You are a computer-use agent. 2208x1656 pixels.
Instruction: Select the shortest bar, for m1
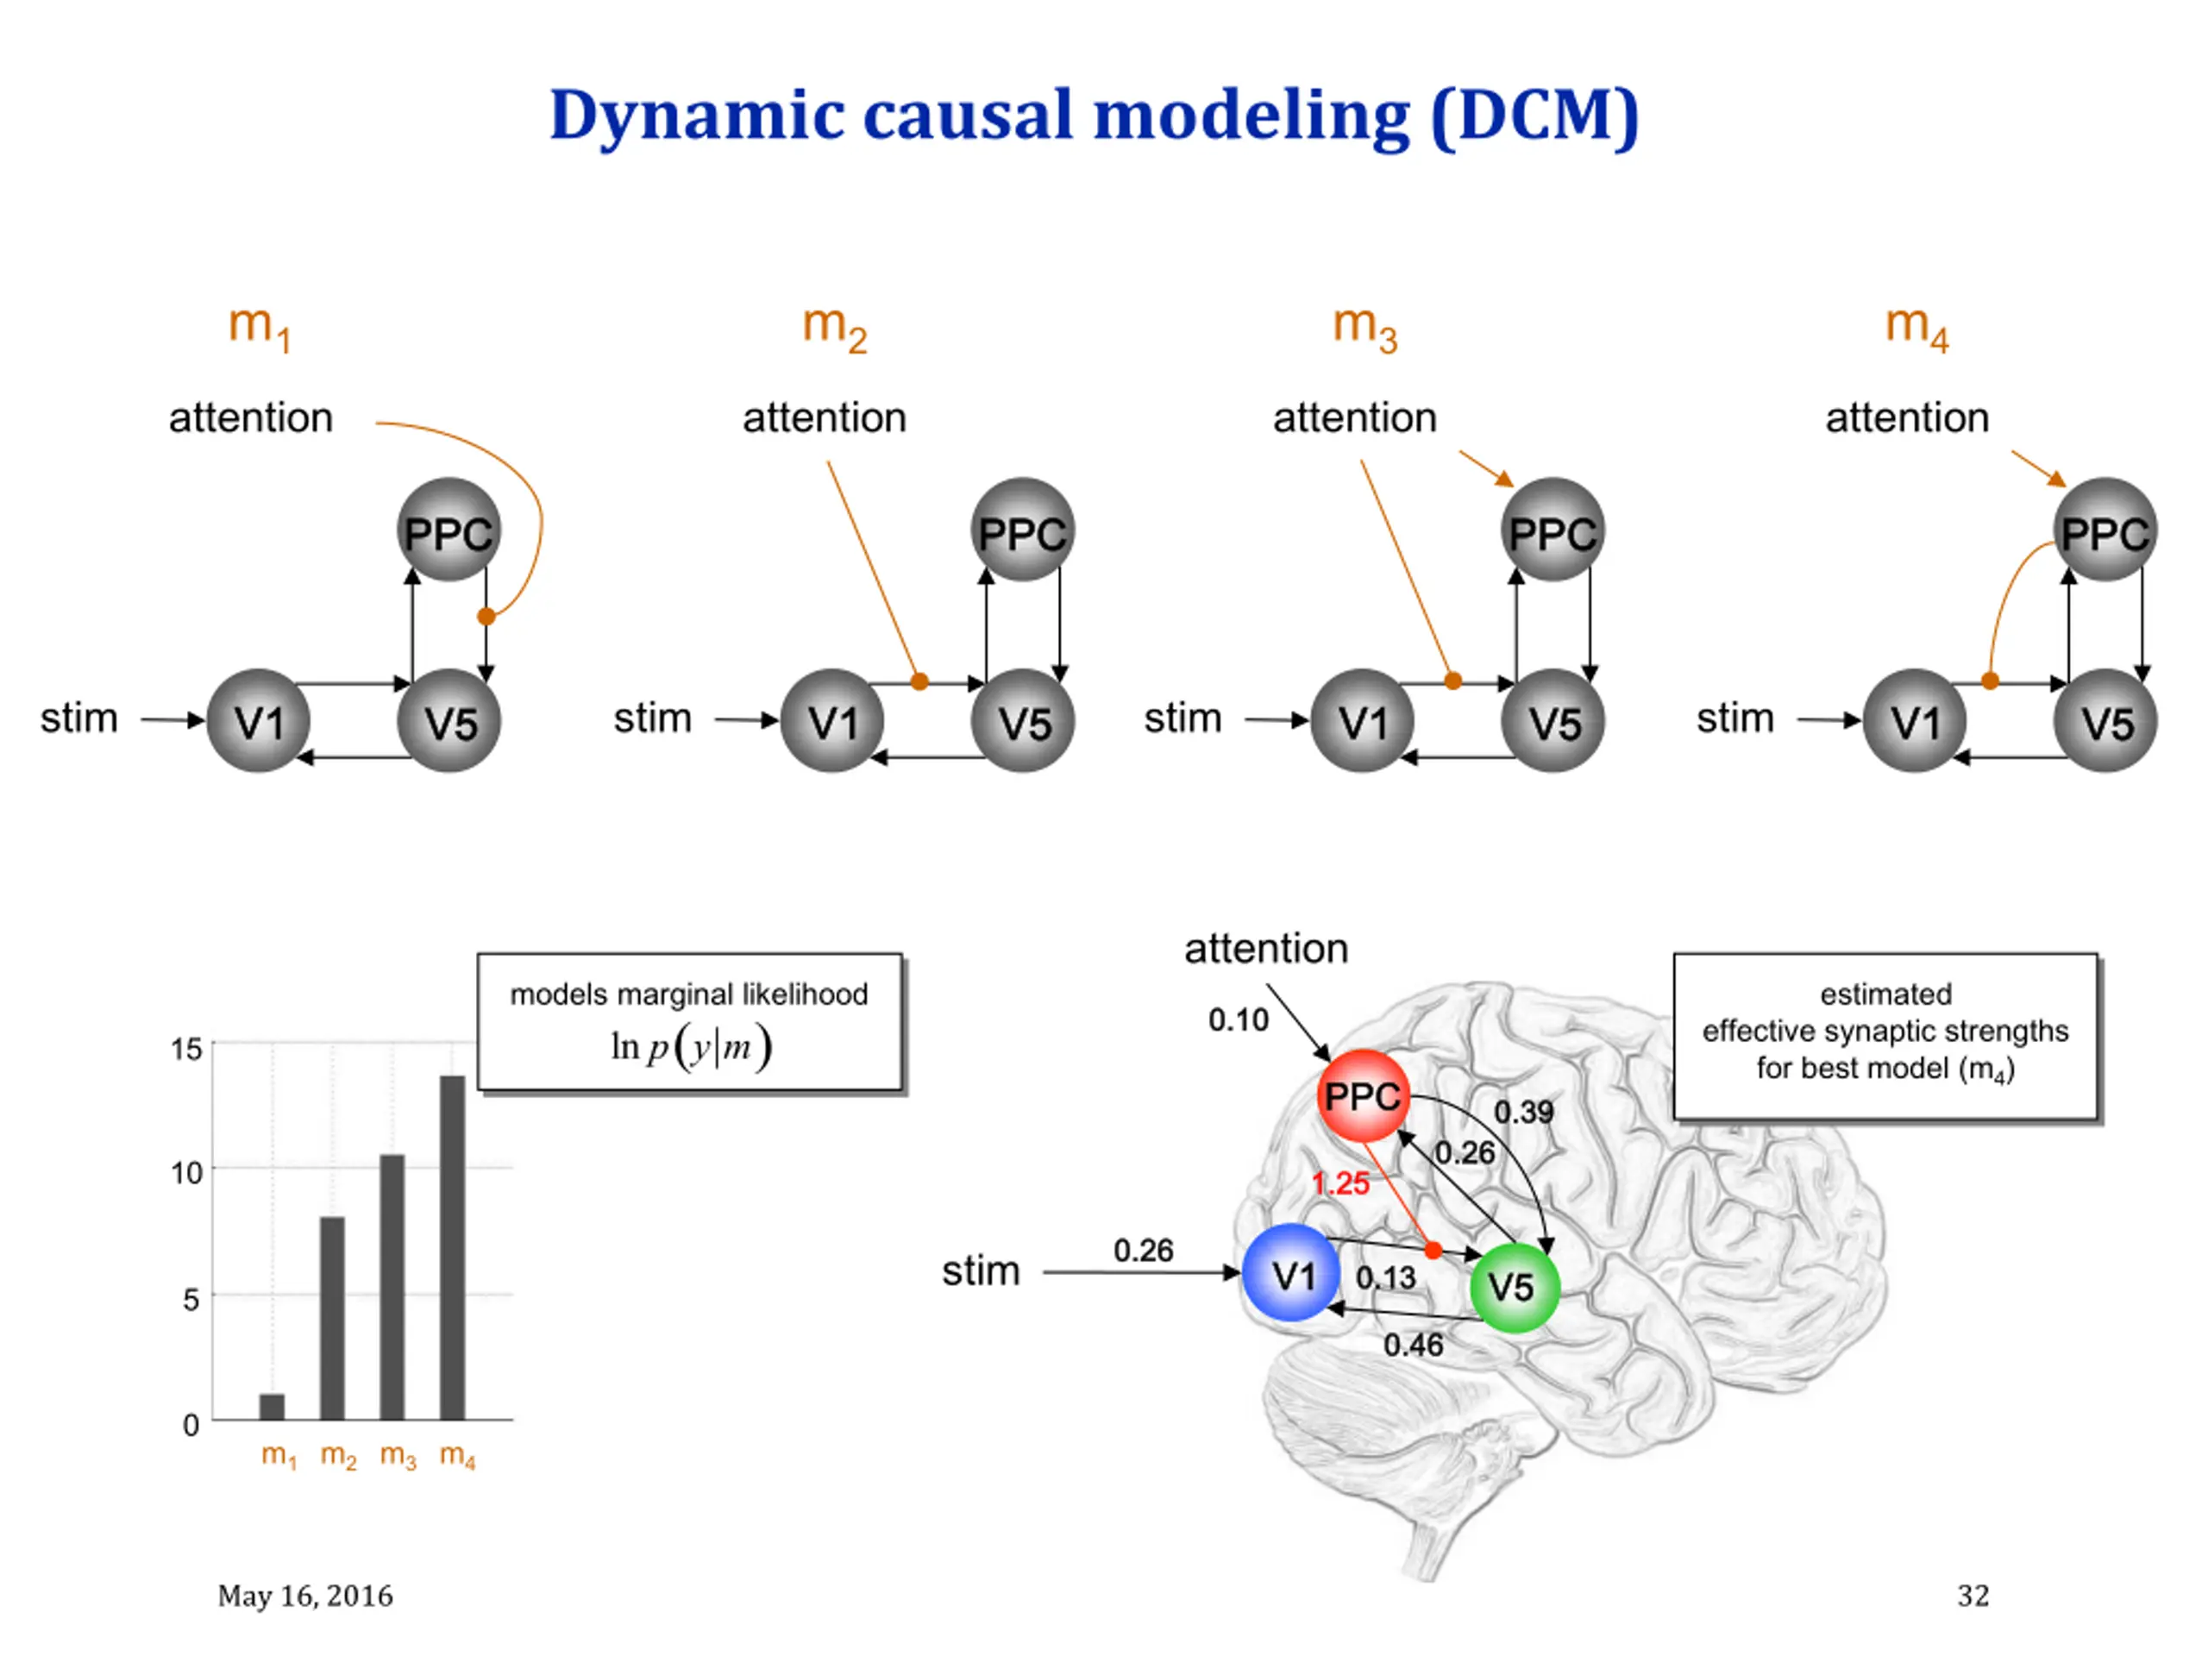272,1407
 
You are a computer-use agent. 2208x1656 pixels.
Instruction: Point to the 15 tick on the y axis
186,1048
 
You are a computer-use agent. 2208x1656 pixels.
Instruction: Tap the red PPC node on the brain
1363,1096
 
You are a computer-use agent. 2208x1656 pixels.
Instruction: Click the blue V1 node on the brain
1292,1273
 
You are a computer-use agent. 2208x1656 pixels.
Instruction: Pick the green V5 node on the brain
1515,1287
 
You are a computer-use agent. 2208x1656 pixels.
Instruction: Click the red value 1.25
1340,1184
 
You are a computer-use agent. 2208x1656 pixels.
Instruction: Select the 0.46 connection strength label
1413,1345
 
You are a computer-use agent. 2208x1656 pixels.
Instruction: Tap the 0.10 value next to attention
1238,1019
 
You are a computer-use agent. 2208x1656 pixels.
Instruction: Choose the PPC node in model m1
449,530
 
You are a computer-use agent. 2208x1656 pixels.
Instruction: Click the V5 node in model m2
1023,721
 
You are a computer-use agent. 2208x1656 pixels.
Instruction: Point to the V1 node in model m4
1915,721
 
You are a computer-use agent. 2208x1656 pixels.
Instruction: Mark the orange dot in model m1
486,616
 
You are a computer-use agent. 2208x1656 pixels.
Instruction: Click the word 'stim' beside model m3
1182,718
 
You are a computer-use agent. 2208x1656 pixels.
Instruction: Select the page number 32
1973,1595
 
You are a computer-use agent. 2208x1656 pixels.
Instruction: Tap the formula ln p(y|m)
691,1047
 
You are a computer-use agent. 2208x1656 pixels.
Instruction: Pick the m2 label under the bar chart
338,1457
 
